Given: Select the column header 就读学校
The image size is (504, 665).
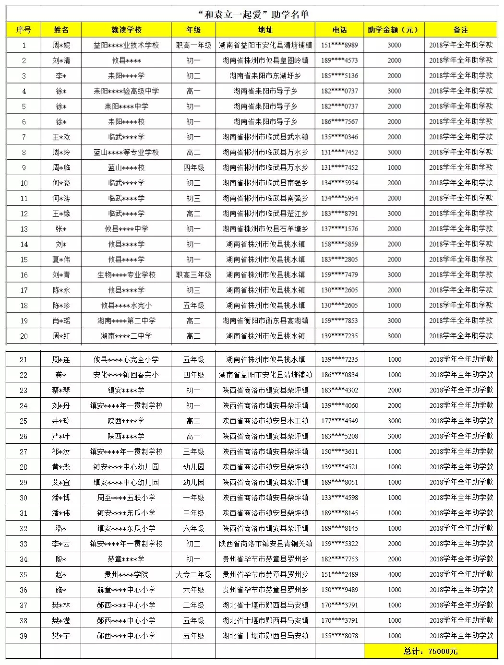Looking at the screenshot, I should (126, 30).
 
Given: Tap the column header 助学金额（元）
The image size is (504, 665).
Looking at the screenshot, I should (394, 30).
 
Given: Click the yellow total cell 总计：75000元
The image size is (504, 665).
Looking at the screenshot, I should (431, 651).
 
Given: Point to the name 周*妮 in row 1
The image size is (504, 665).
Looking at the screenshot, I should (61, 45).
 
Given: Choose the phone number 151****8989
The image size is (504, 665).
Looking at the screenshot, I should (339, 45).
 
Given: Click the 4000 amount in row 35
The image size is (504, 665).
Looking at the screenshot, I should (394, 574).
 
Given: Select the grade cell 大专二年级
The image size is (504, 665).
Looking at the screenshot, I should (193, 574).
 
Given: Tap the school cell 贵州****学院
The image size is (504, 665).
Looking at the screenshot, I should (126, 574).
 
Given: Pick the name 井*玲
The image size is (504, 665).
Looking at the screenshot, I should (61, 421).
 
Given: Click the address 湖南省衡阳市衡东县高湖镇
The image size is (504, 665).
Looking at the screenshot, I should (265, 321).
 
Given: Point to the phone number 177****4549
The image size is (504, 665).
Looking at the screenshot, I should (339, 421).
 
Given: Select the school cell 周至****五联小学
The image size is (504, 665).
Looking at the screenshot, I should (126, 498).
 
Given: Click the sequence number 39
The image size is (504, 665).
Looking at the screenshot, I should (24, 636).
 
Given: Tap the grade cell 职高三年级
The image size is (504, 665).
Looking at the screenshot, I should (193, 274).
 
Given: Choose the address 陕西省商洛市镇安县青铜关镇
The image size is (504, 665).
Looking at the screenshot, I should (265, 544).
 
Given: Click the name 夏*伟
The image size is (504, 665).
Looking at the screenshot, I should (61, 259).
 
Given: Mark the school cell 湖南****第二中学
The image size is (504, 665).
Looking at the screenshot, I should (126, 321).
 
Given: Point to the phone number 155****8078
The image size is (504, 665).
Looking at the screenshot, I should (339, 636).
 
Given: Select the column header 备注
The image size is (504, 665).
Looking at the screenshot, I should (461, 30).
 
